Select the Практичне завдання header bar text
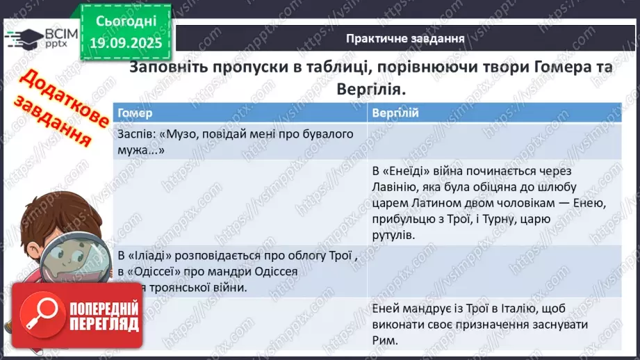[405, 38]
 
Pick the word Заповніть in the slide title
[168, 69]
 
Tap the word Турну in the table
[513, 220]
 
